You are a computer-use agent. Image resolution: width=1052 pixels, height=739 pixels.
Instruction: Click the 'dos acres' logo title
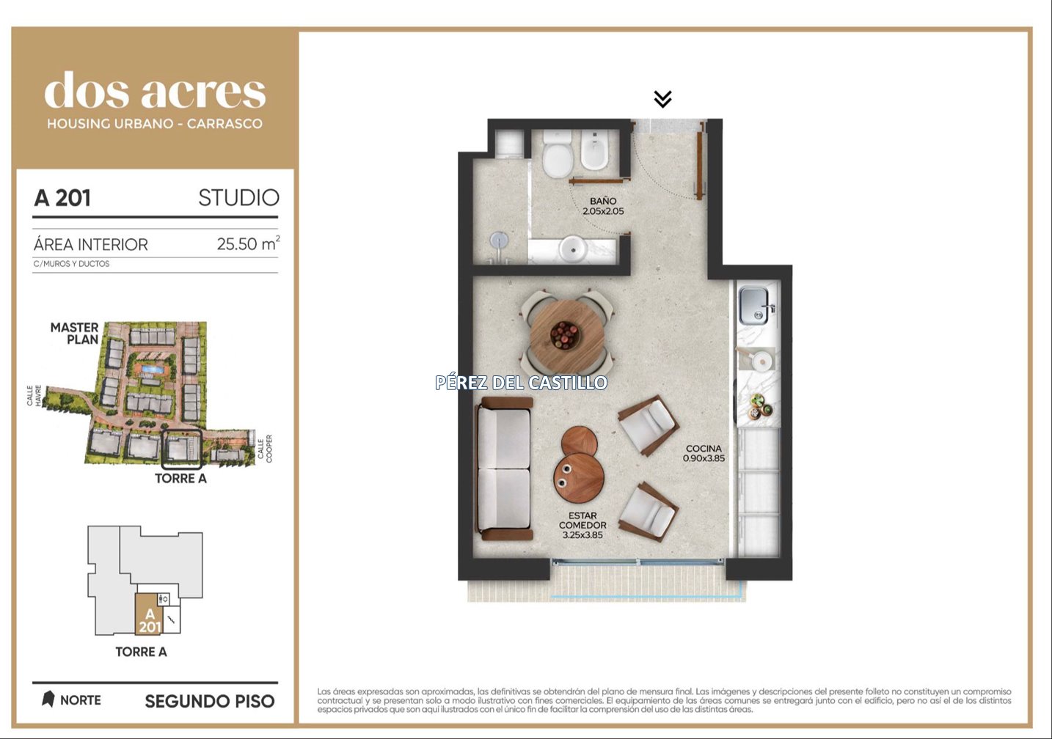point(155,90)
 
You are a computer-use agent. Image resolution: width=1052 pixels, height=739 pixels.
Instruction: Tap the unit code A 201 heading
point(62,198)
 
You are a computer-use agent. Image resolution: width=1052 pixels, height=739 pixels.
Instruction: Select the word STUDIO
point(238,198)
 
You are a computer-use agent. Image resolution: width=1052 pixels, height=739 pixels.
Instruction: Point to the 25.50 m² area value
point(248,243)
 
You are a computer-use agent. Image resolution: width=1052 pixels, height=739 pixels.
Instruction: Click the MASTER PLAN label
point(75,333)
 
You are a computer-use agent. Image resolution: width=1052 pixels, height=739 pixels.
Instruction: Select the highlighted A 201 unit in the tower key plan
point(150,614)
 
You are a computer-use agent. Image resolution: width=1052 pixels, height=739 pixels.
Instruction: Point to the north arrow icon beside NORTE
point(48,699)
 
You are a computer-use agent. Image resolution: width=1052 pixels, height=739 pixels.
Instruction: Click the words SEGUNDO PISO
point(210,702)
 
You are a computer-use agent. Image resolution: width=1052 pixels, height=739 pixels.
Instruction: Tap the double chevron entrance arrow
point(662,99)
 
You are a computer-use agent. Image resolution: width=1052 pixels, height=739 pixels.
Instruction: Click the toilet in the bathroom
point(558,154)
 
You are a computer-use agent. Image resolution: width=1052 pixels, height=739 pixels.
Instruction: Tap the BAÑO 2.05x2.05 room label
point(603,206)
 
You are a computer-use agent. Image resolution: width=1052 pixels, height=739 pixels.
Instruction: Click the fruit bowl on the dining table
point(565,335)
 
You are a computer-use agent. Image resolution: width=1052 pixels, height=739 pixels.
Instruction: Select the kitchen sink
point(753,306)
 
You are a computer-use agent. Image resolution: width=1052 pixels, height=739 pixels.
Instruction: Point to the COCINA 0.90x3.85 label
point(704,453)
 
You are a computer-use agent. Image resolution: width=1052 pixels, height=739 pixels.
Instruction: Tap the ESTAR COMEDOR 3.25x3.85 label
point(582,525)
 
